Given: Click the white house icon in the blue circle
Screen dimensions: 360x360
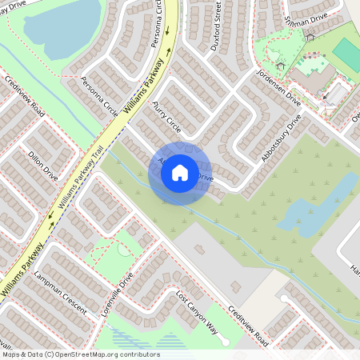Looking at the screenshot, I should (x=180, y=172).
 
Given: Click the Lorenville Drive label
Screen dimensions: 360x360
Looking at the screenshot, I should (x=117, y=297).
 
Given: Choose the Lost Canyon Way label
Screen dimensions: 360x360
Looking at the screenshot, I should (x=197, y=311).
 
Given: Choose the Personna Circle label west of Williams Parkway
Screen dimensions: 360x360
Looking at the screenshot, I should (x=100, y=94).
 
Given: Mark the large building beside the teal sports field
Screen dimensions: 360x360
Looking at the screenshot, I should (x=312, y=77).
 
